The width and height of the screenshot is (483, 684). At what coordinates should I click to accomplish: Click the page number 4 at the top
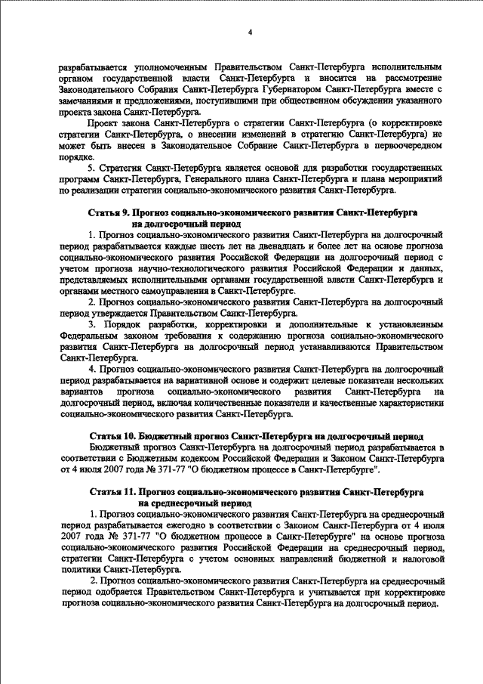coord(250,32)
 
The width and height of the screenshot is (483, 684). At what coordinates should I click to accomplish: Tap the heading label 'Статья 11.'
coord(112,491)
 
